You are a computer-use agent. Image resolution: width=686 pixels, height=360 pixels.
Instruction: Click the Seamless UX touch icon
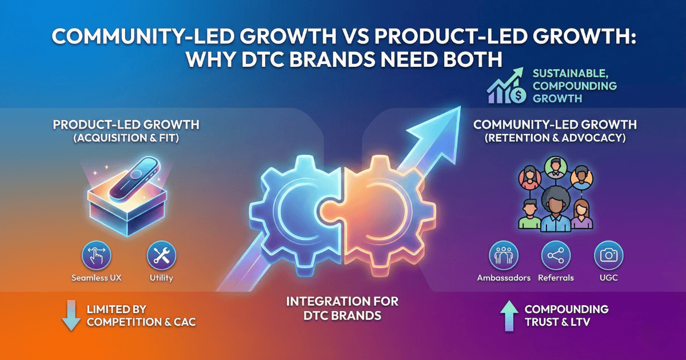[x=97, y=255]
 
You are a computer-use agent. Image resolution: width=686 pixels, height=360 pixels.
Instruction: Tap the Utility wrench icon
[x=161, y=255]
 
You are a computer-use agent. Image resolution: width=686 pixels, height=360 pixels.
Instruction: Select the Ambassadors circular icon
[x=504, y=255]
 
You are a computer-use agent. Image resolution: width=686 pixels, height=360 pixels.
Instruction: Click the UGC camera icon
[x=609, y=255]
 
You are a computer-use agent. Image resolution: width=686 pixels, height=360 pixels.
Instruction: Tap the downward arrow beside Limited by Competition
[x=71, y=316]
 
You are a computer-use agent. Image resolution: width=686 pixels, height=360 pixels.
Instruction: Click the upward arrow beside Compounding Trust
[x=508, y=316]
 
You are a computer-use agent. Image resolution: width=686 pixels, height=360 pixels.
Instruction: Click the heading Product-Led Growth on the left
[x=126, y=125]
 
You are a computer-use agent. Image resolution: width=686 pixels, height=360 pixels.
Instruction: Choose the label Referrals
[x=555, y=278]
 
